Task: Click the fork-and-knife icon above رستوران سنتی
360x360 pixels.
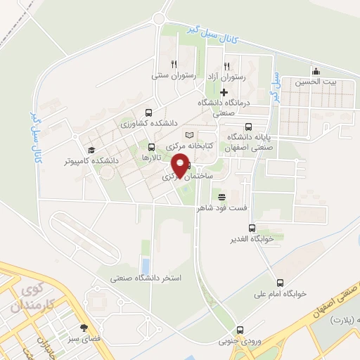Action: tap(164, 63)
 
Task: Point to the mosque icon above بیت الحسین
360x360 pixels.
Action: tap(316, 70)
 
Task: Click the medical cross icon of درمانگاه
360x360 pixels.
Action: tap(224, 92)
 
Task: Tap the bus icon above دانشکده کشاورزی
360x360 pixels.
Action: tap(148, 112)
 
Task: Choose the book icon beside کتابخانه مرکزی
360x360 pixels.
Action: tap(188, 134)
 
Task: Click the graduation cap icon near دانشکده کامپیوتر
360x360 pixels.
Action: tap(91, 150)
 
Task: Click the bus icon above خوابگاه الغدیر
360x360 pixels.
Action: tap(252, 228)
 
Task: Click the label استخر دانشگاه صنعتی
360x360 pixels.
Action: tap(145, 278)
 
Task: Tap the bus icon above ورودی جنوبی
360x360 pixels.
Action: tap(240, 330)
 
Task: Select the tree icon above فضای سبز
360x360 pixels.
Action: tap(84, 328)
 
